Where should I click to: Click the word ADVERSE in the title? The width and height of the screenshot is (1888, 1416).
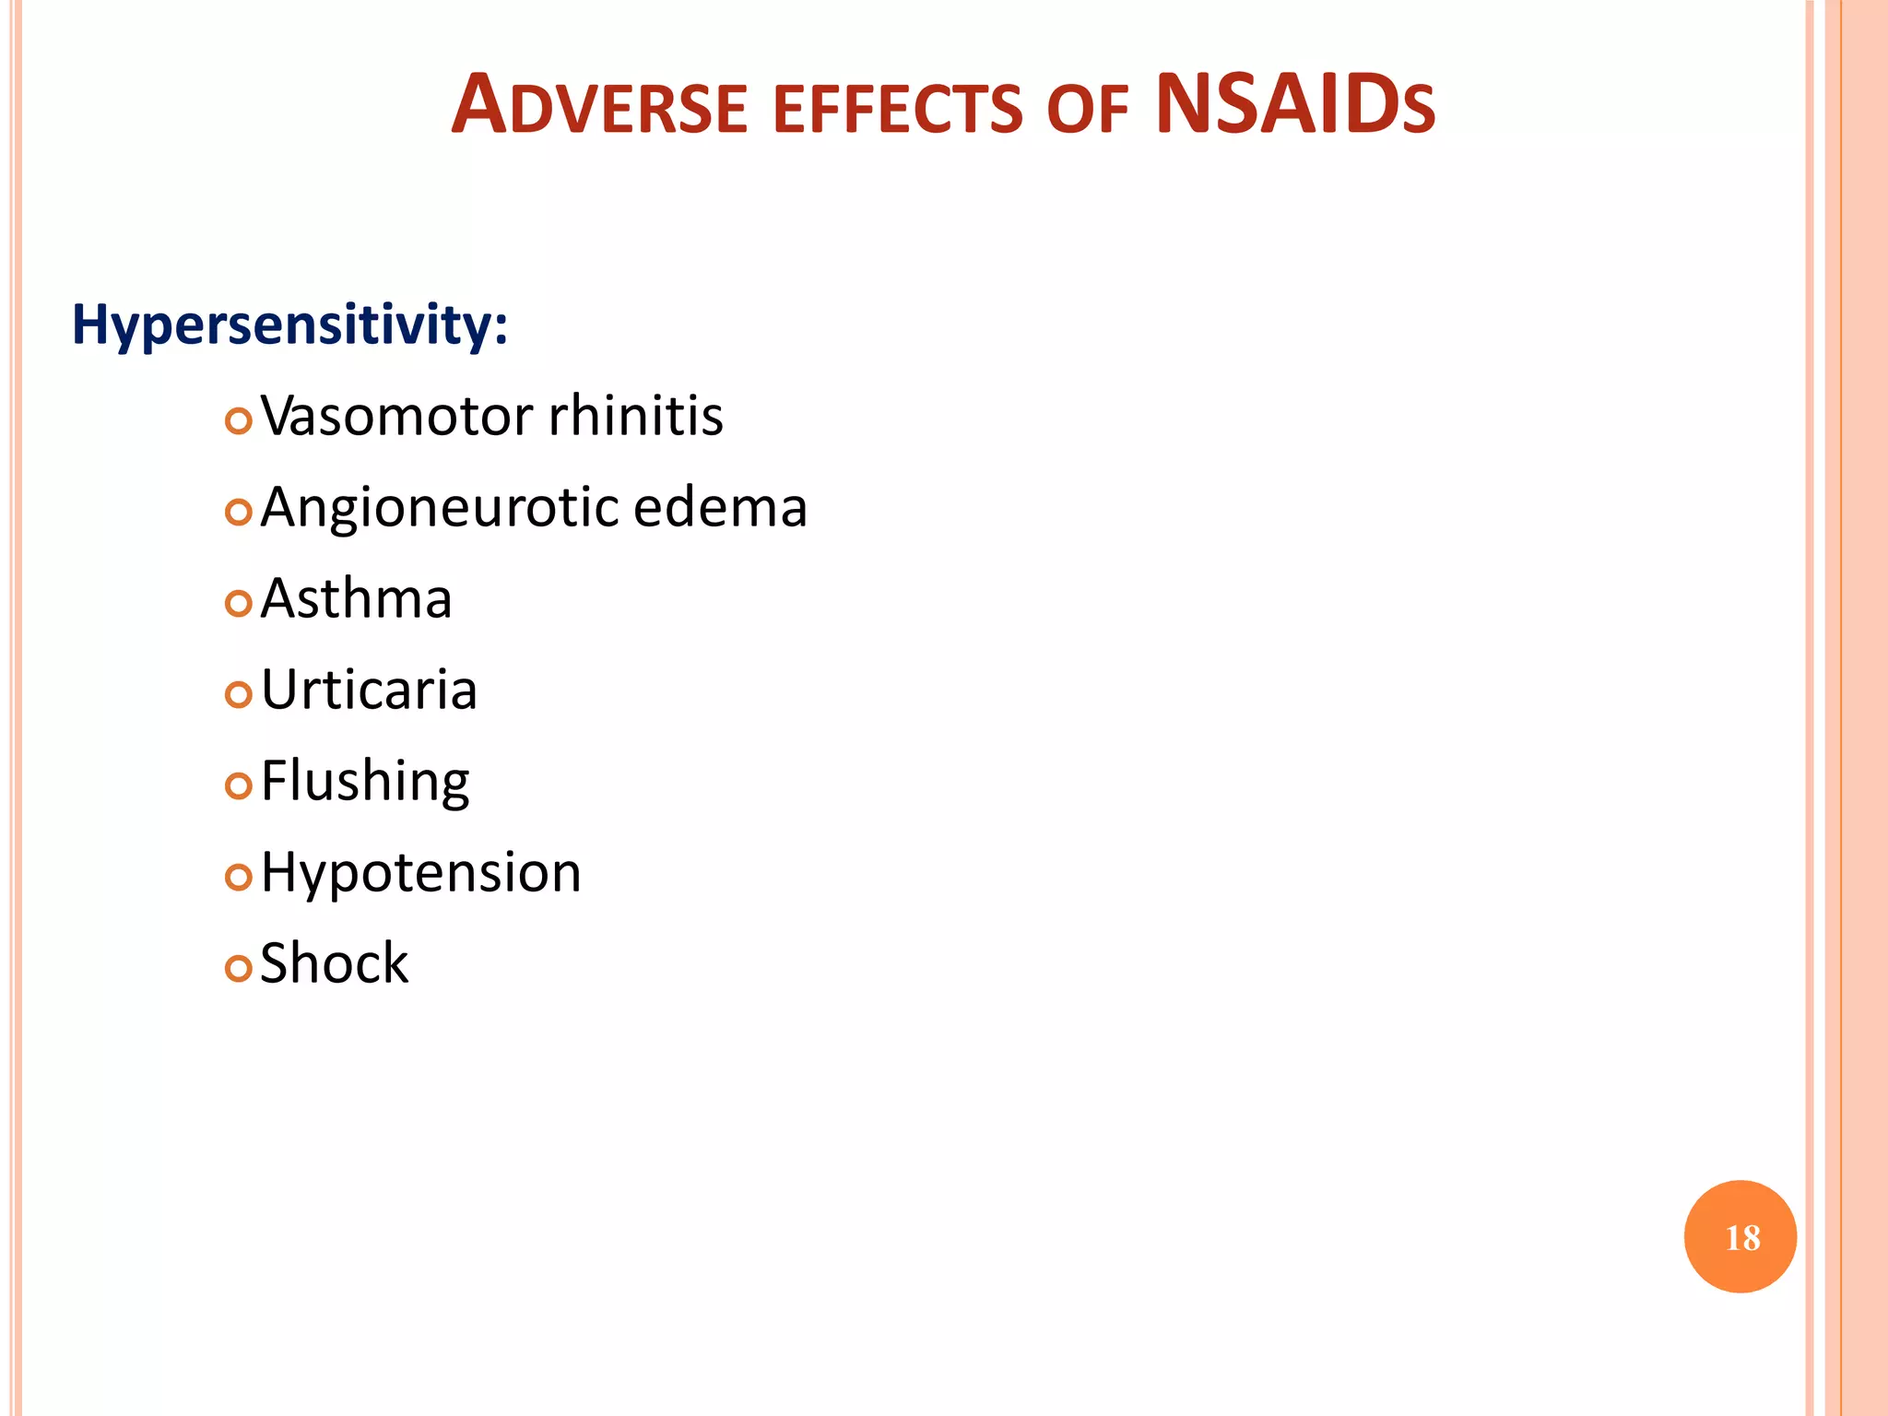click(599, 106)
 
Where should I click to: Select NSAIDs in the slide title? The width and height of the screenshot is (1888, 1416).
click(1294, 104)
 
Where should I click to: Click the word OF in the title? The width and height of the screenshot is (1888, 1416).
click(1088, 109)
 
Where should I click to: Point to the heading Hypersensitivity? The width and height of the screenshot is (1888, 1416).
click(289, 325)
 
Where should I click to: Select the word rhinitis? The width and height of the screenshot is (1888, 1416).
click(636, 416)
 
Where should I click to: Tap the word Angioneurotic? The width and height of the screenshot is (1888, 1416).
click(439, 508)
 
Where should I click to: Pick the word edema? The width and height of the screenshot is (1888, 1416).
click(720, 508)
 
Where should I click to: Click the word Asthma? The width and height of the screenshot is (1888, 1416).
click(356, 599)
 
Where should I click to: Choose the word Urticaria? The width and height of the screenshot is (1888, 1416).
click(369, 690)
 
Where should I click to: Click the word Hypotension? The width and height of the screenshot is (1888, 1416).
click(420, 872)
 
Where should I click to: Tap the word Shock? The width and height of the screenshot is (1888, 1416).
click(334, 963)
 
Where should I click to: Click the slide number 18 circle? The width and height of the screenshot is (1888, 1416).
click(1740, 1237)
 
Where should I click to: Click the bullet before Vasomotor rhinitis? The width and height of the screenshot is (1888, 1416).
click(238, 421)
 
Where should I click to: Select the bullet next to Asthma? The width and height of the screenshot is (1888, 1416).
click(238, 604)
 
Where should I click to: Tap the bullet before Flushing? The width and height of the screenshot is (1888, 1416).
click(238, 786)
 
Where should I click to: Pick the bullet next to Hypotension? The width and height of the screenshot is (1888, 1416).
click(238, 878)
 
